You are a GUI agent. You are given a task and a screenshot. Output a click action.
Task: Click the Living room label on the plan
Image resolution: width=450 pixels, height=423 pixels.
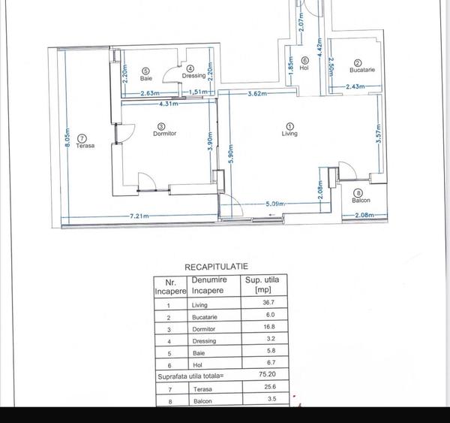[x=289, y=134]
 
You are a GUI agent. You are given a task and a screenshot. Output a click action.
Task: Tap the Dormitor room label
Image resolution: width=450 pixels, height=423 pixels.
[x=164, y=134]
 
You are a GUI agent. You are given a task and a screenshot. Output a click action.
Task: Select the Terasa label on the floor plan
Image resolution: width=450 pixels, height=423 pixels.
[x=82, y=146]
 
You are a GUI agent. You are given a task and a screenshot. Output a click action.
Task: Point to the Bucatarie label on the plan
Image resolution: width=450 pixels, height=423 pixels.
[x=362, y=70]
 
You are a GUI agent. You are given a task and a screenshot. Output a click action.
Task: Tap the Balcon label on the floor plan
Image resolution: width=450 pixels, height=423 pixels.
[x=361, y=200]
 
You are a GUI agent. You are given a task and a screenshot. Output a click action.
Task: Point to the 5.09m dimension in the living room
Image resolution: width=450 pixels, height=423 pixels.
[x=277, y=203]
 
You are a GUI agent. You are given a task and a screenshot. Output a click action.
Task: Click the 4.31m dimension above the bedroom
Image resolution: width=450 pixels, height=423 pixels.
[x=169, y=104]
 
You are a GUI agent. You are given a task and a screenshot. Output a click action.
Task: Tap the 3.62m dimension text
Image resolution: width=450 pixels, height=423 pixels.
[x=259, y=94]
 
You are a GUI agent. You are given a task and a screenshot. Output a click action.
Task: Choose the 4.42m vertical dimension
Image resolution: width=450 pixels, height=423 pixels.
[x=319, y=50]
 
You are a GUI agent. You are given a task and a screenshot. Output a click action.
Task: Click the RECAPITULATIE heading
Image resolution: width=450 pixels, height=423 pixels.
[x=216, y=266]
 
